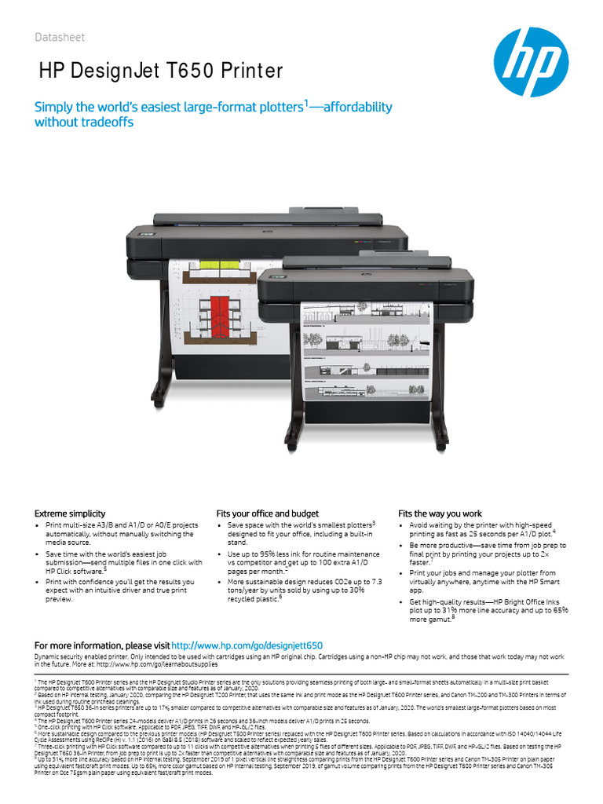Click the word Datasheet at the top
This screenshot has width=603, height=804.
[x=60, y=38]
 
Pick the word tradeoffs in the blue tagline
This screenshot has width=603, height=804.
[x=108, y=122]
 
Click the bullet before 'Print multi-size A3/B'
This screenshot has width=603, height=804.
[x=38, y=525]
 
